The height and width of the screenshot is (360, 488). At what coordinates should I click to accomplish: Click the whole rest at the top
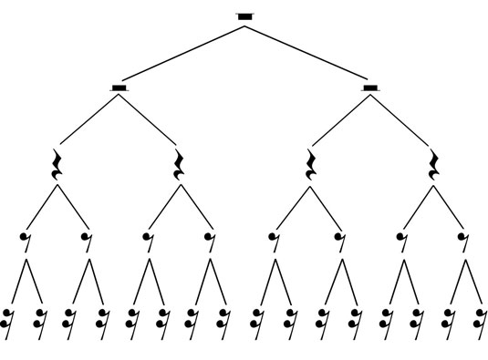pyautogui.click(x=244, y=15)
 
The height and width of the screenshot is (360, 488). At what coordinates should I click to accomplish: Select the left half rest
pyautogui.click(x=119, y=87)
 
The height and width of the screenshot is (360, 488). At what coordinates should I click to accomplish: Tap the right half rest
pyautogui.click(x=369, y=87)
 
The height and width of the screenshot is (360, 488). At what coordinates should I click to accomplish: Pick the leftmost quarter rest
pyautogui.click(x=57, y=164)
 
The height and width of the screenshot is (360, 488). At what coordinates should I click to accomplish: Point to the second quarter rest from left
pyautogui.click(x=180, y=164)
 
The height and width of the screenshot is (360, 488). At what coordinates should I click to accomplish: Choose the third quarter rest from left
pyautogui.click(x=310, y=164)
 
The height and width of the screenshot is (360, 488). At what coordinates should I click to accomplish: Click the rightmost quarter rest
pyautogui.click(x=434, y=164)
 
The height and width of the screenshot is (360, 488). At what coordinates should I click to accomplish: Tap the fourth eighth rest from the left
pyautogui.click(x=211, y=241)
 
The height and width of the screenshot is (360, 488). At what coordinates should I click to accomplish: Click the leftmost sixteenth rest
pyautogui.click(x=8, y=318)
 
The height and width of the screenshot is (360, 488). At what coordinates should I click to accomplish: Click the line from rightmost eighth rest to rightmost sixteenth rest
pyautogui.click(x=471, y=281)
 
